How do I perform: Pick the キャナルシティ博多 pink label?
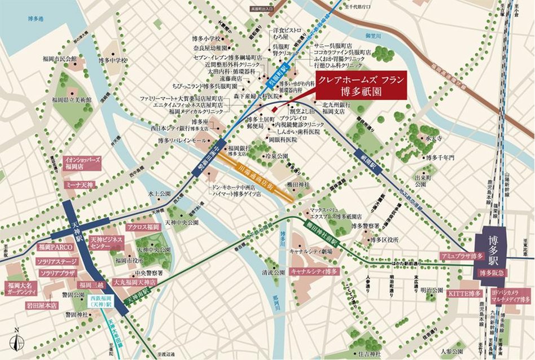point(314,271)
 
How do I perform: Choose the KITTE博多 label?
point(464,293)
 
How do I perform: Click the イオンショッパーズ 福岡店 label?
point(82,163)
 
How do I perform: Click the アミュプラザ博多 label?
point(462,256)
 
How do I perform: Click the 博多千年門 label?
point(440,157)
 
